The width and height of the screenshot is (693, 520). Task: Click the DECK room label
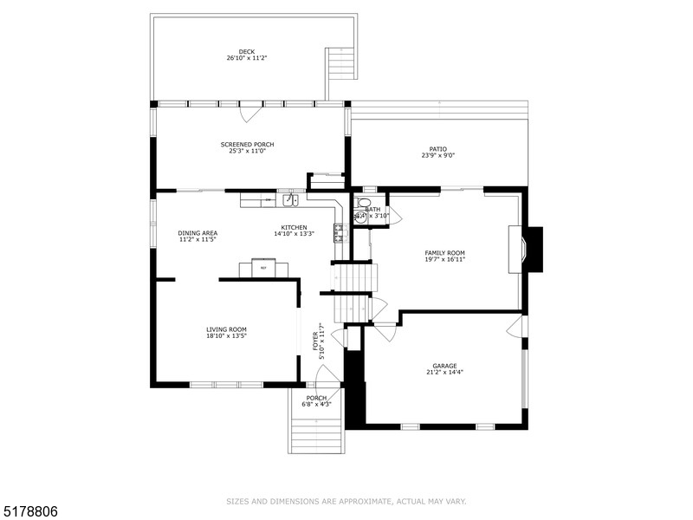tap(247, 51)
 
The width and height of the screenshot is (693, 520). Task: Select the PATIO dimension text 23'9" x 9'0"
tap(437, 155)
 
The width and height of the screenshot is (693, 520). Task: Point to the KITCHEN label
tap(294, 226)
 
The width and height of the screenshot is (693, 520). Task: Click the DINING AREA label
tap(198, 232)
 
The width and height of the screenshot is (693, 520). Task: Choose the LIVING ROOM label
tap(226, 328)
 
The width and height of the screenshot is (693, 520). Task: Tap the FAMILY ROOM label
tap(444, 252)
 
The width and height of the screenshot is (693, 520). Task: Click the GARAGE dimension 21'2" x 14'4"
tap(444, 372)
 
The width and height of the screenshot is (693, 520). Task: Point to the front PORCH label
tap(316, 398)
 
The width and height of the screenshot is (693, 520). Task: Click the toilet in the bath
tap(360, 217)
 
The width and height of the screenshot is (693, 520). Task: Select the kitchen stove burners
tap(339, 231)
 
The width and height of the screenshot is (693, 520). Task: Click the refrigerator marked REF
tap(263, 267)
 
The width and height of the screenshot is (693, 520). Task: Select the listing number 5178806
tap(29, 512)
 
